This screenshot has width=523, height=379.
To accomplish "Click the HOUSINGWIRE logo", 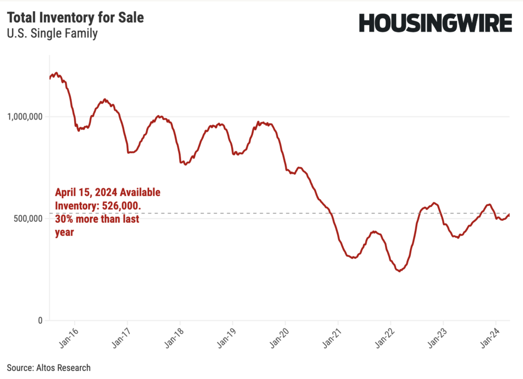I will [x=435, y=23].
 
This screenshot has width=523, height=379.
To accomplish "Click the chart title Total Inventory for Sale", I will [x=75, y=18].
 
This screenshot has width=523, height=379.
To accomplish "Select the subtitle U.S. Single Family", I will [x=52, y=34].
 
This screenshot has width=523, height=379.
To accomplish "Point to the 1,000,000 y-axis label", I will [x=23, y=116].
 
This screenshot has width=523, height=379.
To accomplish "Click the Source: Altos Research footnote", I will [x=49, y=368].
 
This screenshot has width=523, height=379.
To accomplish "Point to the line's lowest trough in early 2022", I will [x=399, y=271].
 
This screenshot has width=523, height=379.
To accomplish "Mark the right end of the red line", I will [x=509, y=215].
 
